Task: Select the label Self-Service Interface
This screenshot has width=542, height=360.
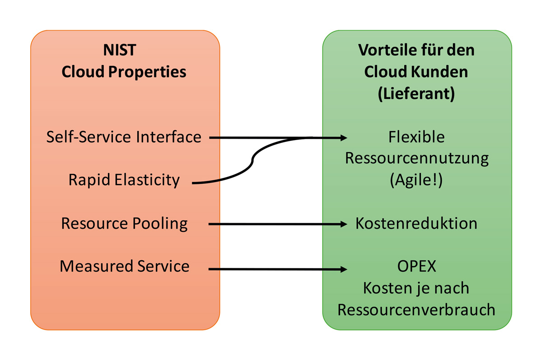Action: [x=124, y=137]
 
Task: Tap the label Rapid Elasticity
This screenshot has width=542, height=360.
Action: [x=124, y=180]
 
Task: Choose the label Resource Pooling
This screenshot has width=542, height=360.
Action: [x=124, y=224]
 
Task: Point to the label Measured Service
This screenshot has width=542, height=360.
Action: [x=124, y=266]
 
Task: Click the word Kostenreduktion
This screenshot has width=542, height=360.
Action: [x=416, y=224]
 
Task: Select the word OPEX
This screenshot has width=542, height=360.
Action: [x=416, y=266]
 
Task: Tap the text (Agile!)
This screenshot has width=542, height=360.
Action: [x=416, y=180]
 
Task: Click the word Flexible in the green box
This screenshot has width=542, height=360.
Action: [x=416, y=137]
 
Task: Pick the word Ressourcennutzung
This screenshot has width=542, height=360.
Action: [x=416, y=159]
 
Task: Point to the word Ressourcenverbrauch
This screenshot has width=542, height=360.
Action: [x=416, y=310]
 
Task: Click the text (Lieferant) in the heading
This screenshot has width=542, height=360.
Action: [x=416, y=94]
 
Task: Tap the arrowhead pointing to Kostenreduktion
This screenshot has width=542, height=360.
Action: [x=344, y=224]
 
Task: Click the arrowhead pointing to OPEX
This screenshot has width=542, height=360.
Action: [x=344, y=270]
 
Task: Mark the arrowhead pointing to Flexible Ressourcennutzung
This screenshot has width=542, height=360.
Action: [x=344, y=137]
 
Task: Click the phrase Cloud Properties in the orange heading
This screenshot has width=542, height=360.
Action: [x=124, y=72]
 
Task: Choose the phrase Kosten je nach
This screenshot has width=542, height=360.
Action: [x=416, y=288]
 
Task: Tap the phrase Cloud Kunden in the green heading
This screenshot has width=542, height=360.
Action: [x=416, y=72]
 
